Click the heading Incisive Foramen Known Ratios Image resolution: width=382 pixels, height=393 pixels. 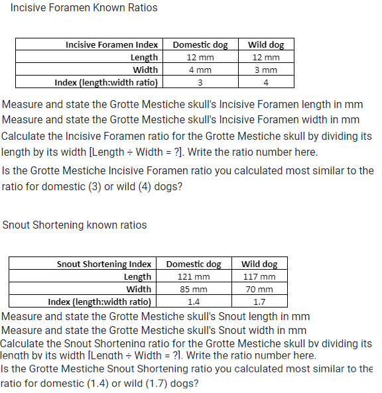pyautogui.click(x=84, y=8)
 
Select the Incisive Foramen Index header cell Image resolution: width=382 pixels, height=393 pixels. pyautogui.click(x=111, y=45)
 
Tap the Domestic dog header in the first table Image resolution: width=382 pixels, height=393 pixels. pyautogui.click(x=200, y=45)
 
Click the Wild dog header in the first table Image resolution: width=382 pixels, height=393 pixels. pyautogui.click(x=265, y=45)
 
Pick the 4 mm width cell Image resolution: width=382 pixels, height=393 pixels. pyautogui.click(x=200, y=70)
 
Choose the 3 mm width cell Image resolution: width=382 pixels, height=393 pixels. pyautogui.click(x=265, y=70)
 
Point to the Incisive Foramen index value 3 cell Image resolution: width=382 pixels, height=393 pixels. pyautogui.click(x=200, y=82)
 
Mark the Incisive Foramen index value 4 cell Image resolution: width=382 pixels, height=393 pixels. pyautogui.click(x=265, y=82)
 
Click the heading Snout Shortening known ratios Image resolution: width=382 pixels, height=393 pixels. pyautogui.click(x=75, y=225)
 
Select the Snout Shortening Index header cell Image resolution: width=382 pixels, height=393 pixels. pyautogui.click(x=104, y=264)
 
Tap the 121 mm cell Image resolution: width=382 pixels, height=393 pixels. pyautogui.click(x=194, y=276)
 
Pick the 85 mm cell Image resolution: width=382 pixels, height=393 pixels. pyautogui.click(x=194, y=289)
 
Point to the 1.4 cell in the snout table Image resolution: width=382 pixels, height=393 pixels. pyautogui.click(x=194, y=302)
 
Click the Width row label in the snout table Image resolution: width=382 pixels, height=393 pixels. pyautogui.click(x=139, y=289)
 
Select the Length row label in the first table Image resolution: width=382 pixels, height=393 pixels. pyautogui.click(x=144, y=57)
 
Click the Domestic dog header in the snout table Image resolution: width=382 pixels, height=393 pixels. pyautogui.click(x=194, y=264)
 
